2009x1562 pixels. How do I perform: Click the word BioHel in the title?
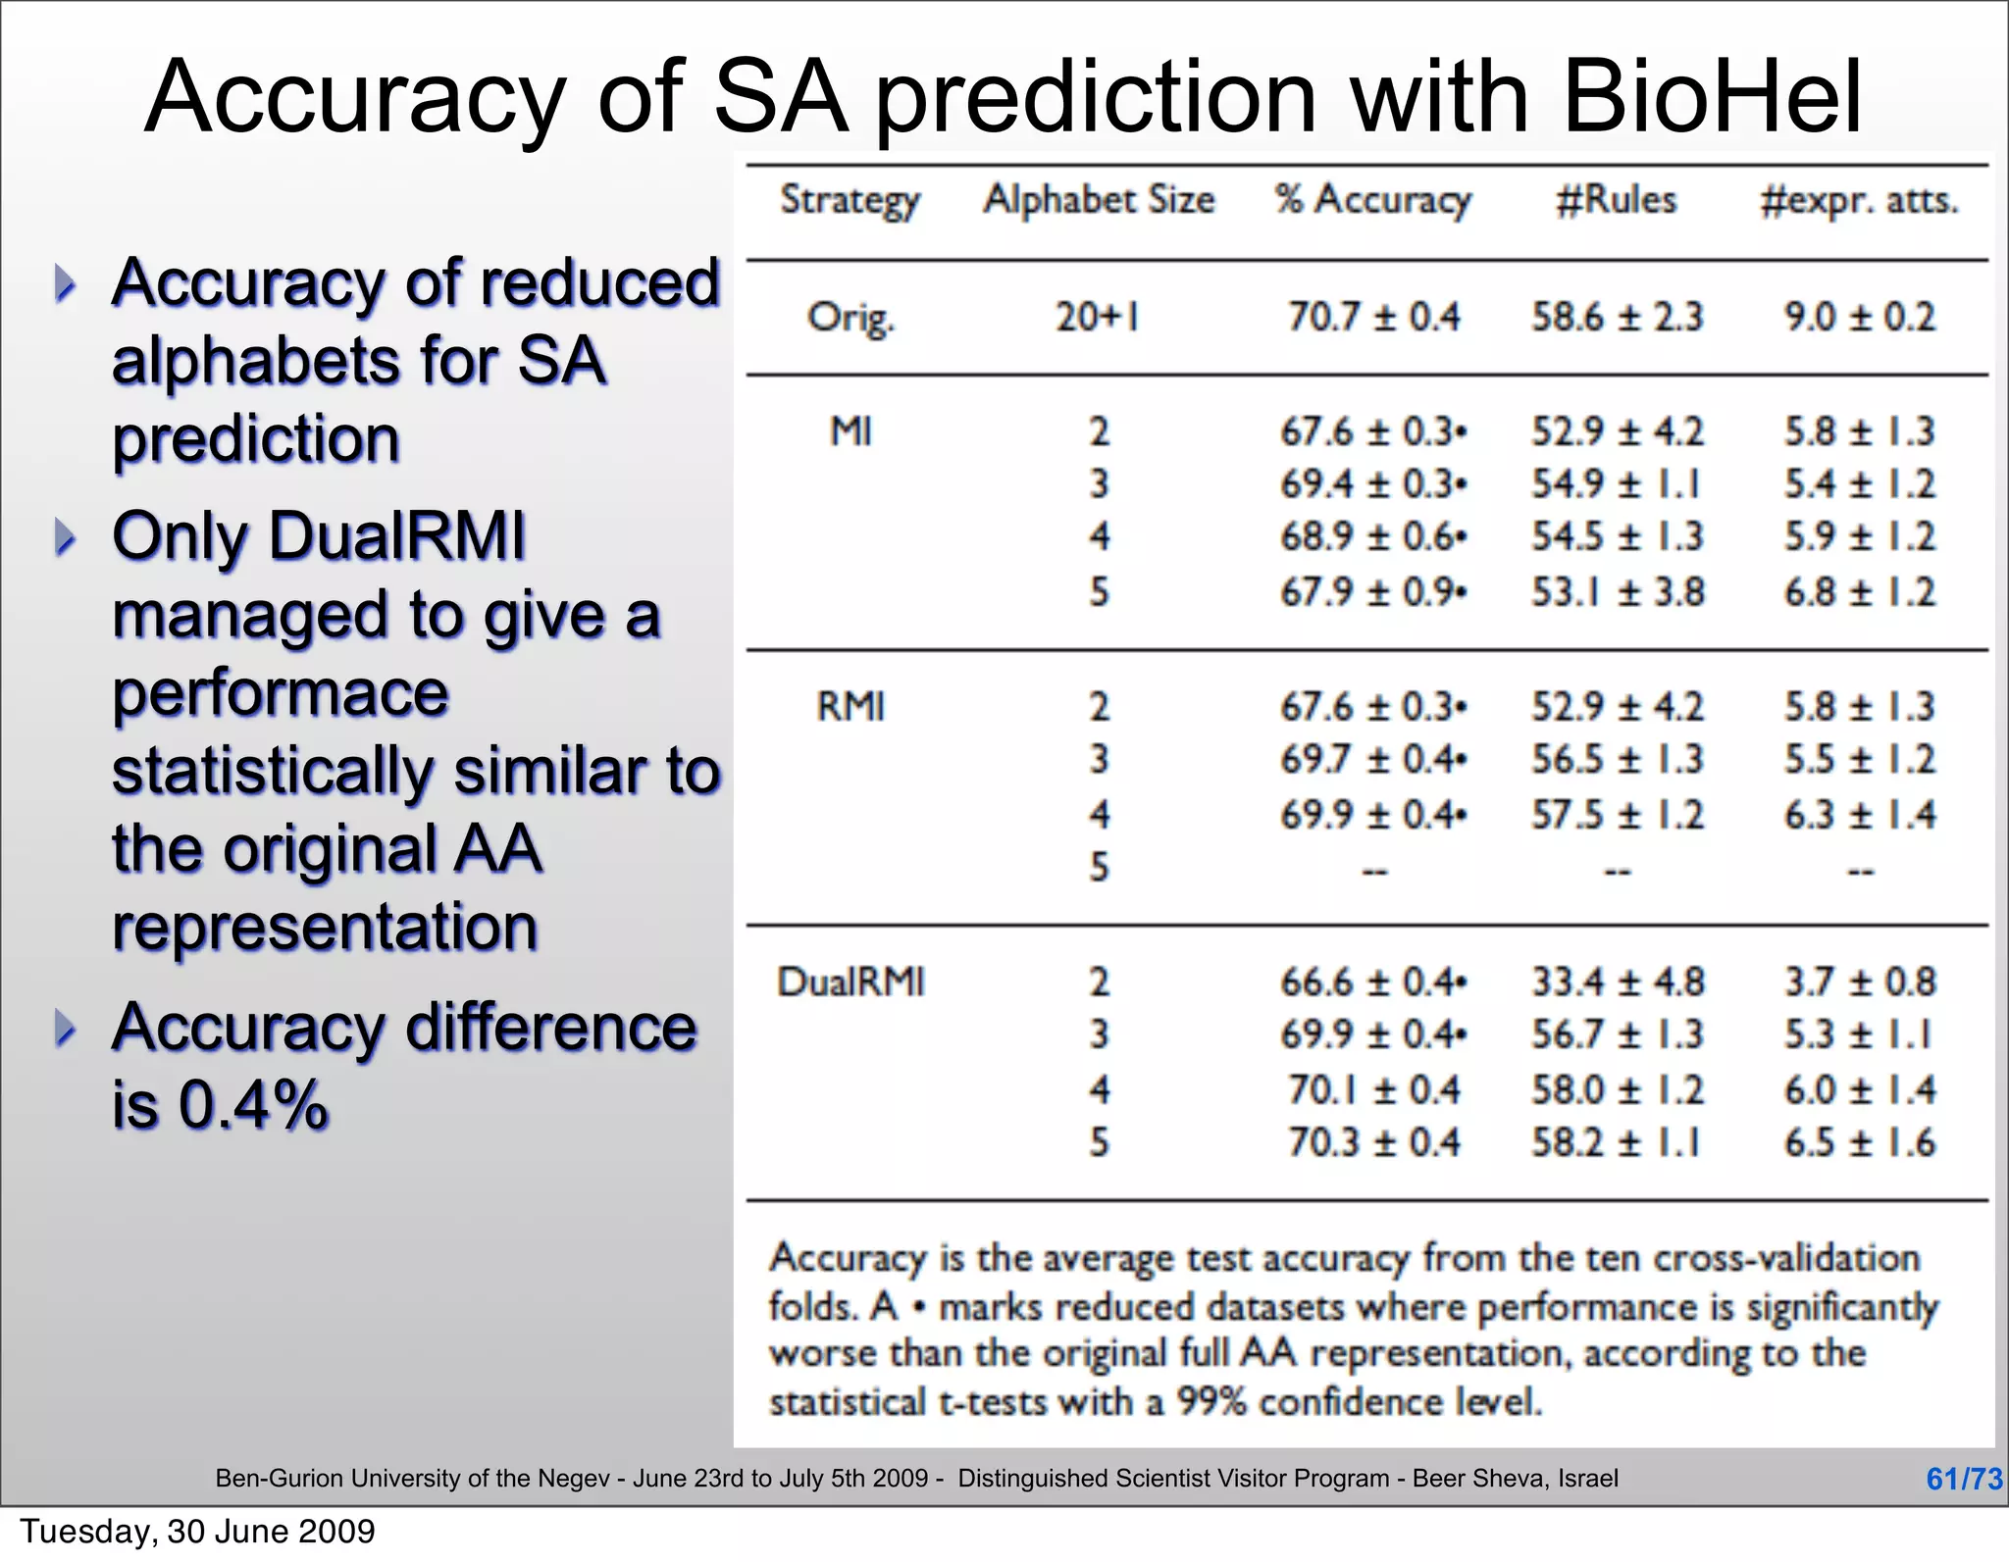click(x=1712, y=98)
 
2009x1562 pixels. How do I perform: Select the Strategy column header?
click(x=850, y=201)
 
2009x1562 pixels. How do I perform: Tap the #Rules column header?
click(x=1617, y=200)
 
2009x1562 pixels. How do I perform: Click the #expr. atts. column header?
click(x=1859, y=200)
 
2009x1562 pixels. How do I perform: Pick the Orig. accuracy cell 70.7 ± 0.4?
click(x=1373, y=317)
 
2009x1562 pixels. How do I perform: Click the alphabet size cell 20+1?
click(x=1097, y=317)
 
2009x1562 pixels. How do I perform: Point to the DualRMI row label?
click(x=850, y=982)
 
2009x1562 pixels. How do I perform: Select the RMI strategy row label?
click(x=850, y=706)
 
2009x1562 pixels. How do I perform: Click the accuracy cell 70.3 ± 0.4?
click(x=1373, y=1142)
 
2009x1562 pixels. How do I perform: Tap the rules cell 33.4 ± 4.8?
click(x=1618, y=982)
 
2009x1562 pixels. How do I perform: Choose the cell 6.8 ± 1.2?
click(x=1859, y=592)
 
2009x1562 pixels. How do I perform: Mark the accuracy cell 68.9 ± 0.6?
click(x=1372, y=536)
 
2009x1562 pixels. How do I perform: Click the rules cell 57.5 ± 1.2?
click(x=1618, y=815)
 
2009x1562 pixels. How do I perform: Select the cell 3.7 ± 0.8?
click(x=1859, y=982)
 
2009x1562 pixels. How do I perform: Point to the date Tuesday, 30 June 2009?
click(x=197, y=1532)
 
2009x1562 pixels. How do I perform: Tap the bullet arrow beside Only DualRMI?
click(x=65, y=537)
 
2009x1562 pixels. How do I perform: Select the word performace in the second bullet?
click(x=281, y=693)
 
